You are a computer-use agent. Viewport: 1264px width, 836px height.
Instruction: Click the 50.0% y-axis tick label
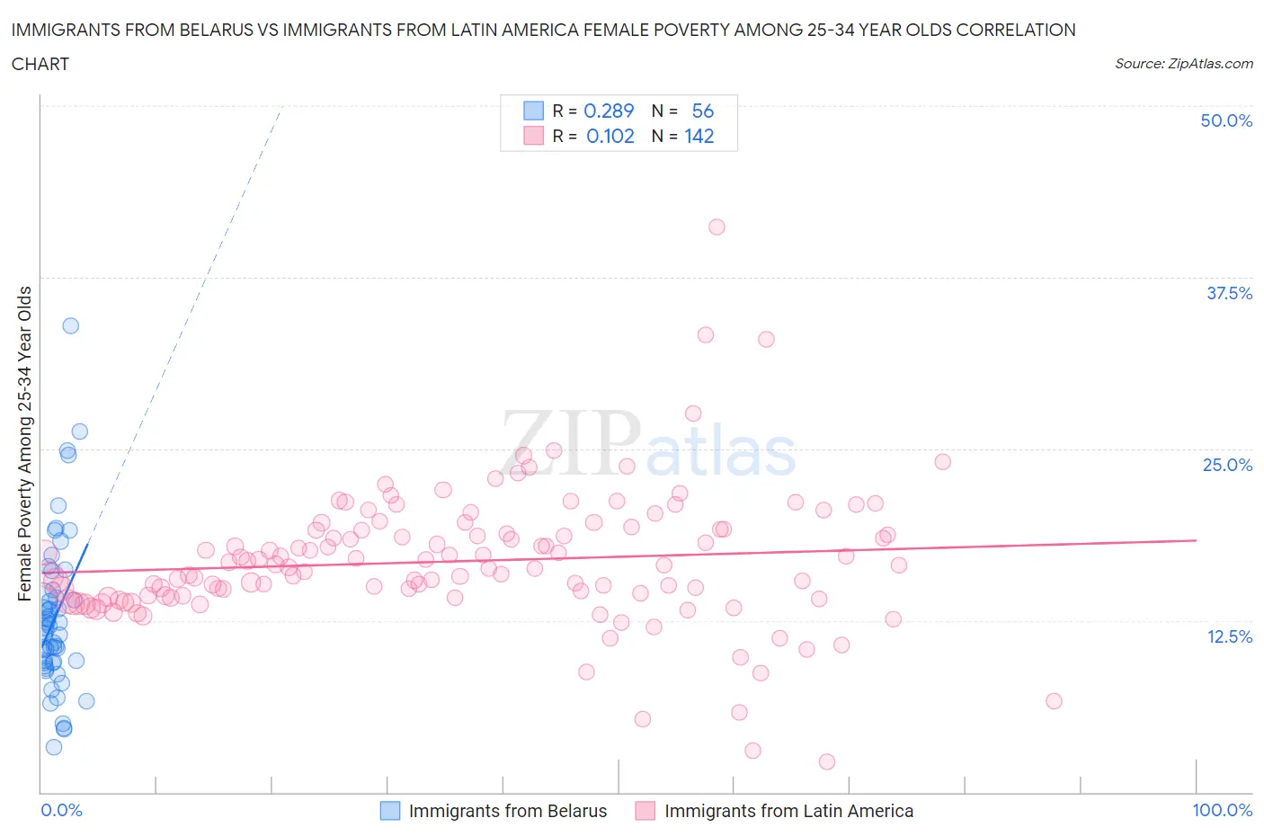coord(1225,120)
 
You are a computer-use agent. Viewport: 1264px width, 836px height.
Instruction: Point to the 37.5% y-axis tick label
coord(1228,293)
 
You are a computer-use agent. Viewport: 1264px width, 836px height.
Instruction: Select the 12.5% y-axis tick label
coord(1228,636)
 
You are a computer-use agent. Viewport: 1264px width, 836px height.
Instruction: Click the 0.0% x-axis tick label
coord(61,810)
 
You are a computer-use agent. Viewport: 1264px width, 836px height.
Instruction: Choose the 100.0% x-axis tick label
coord(1222,810)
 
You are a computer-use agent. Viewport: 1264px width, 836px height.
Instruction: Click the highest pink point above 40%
coord(717,227)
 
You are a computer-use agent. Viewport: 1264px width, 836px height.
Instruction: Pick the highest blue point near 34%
coord(70,325)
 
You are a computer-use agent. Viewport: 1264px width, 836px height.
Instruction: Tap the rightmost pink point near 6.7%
coord(1054,701)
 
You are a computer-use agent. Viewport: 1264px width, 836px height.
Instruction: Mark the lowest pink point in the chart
coord(827,761)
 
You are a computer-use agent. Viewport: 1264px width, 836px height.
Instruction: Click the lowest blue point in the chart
coord(54,747)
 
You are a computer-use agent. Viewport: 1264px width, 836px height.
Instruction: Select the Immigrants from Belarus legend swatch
coord(390,811)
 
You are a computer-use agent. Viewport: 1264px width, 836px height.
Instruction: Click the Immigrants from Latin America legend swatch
coord(645,811)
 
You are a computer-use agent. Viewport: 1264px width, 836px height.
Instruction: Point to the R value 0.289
coord(609,111)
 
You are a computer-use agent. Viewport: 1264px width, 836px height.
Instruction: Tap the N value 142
coord(699,136)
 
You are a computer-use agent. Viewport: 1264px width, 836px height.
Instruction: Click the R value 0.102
coord(610,136)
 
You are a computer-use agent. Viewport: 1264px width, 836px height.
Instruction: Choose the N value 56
coord(702,111)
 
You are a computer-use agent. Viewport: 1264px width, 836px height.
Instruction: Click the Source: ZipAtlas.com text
coord(1183,64)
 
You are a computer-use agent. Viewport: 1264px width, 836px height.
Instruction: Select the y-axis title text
coord(25,443)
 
